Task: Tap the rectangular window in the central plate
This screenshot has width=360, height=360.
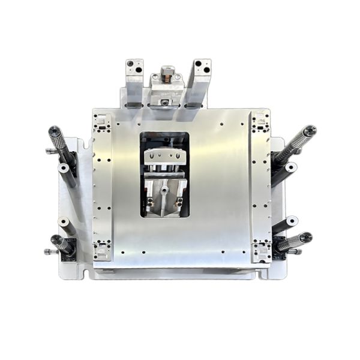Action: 164,174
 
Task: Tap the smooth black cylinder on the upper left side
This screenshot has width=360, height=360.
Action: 67,175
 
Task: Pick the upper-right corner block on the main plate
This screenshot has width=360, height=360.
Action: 260,124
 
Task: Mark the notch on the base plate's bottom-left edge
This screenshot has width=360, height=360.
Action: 84,275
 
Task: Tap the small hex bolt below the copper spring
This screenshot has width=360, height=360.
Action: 164,101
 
